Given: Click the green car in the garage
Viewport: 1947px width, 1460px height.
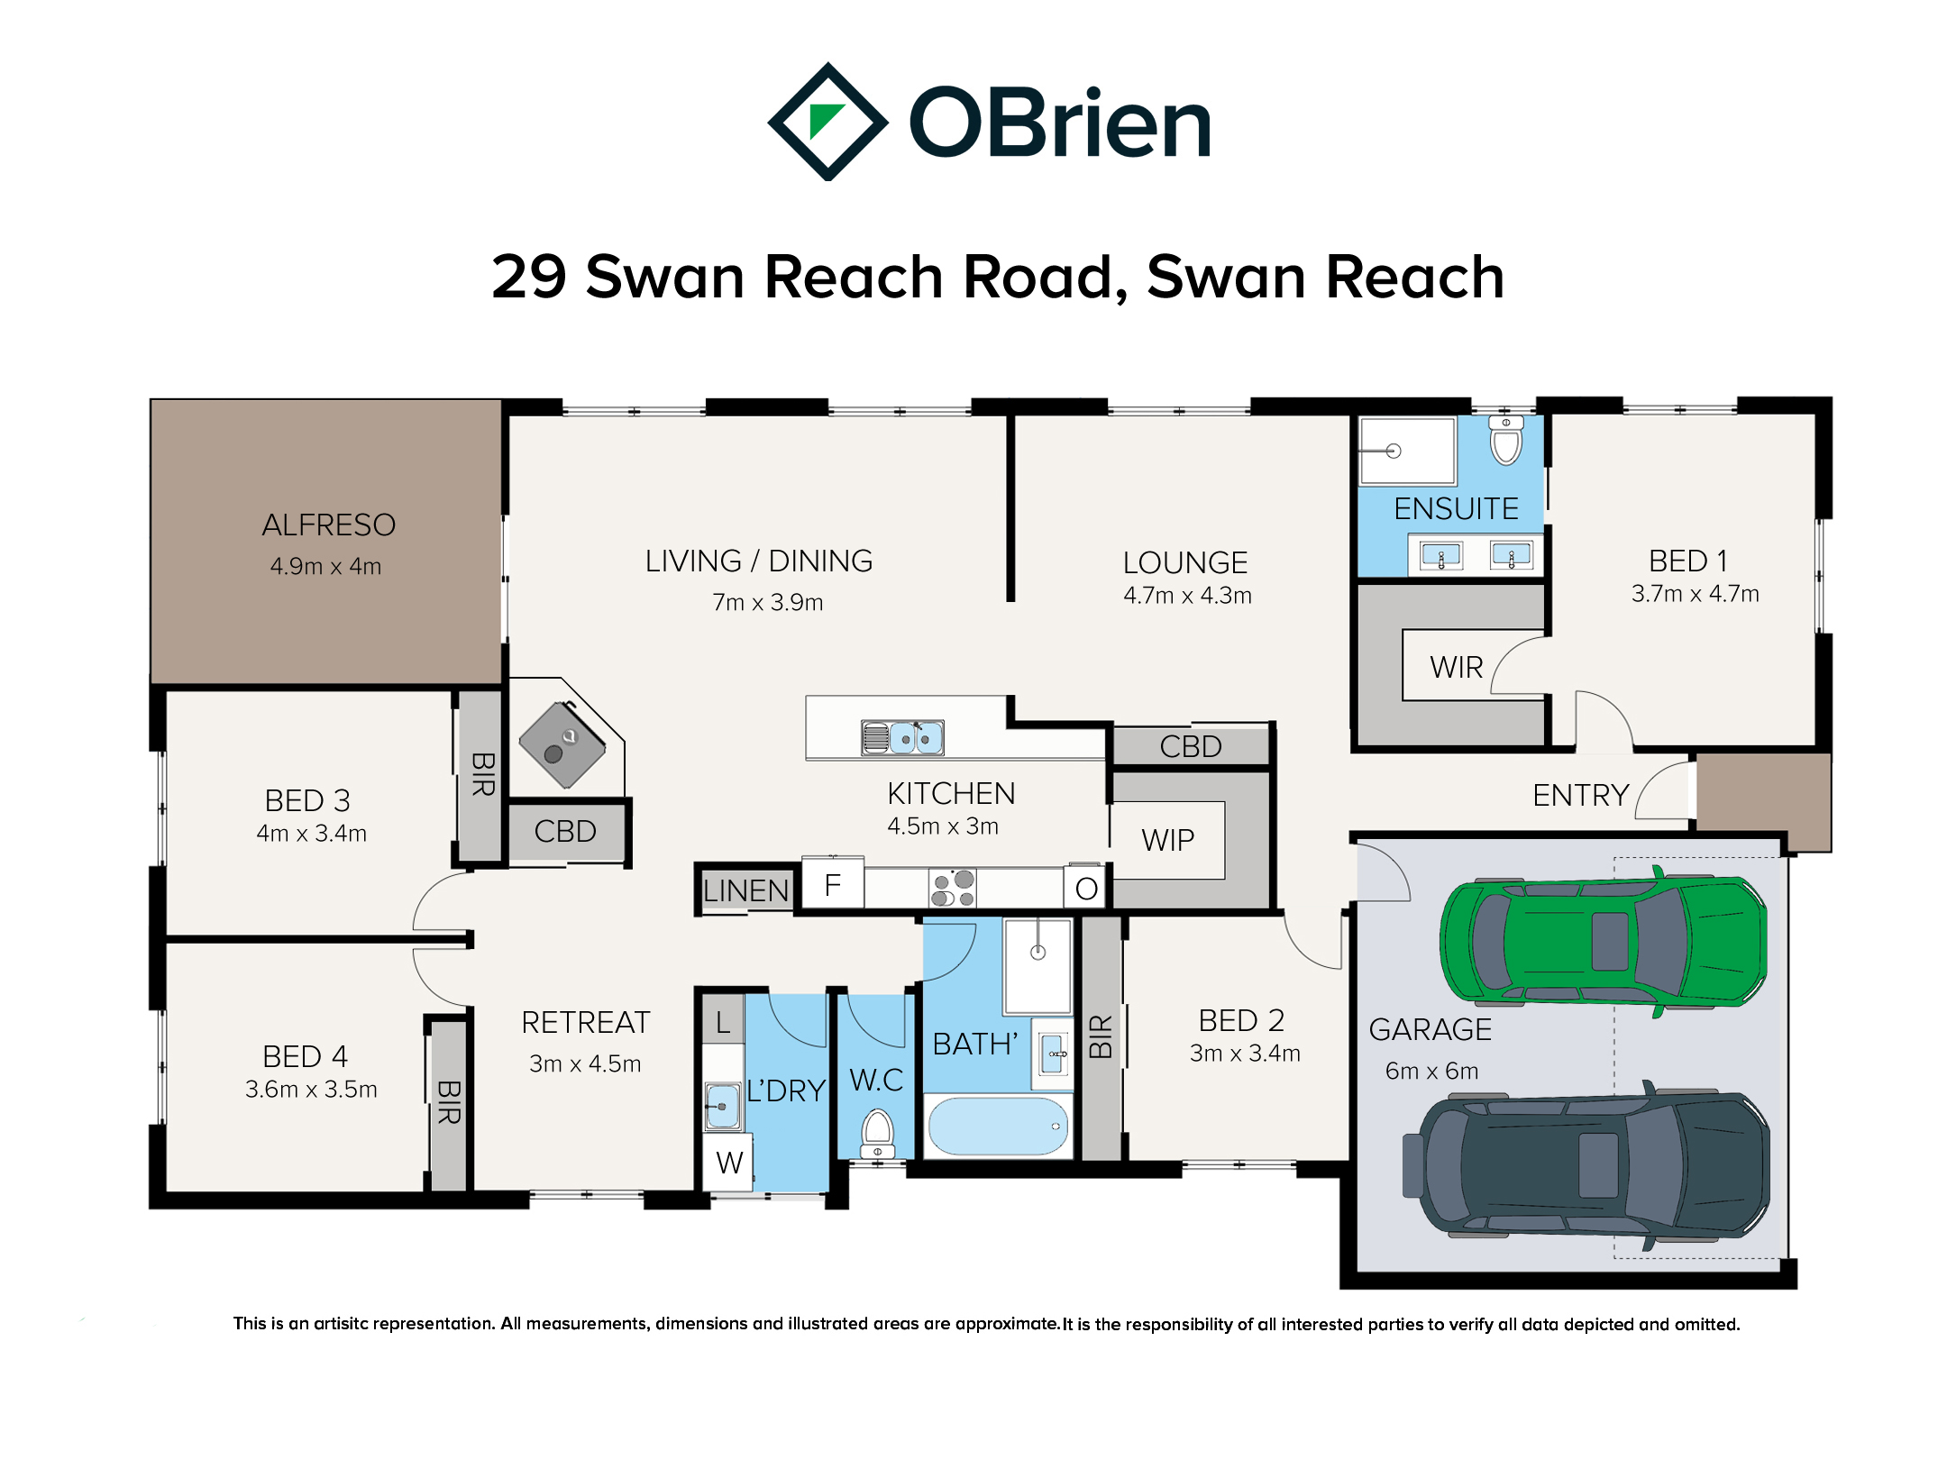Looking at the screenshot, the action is (1603, 942).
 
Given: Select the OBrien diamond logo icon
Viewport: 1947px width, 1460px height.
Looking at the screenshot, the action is (827, 122).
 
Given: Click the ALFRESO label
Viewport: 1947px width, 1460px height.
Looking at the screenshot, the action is (328, 525).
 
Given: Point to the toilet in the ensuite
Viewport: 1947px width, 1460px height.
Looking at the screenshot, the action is (1505, 439).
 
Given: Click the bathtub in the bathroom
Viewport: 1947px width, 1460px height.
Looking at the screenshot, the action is (998, 1127).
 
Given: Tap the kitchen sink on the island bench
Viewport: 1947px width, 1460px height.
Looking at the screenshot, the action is (902, 737).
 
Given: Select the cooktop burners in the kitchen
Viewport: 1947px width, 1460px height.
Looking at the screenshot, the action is (953, 888).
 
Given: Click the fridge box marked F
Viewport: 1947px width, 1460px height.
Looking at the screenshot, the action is (833, 884).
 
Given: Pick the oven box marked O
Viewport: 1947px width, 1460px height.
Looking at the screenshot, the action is (1086, 889).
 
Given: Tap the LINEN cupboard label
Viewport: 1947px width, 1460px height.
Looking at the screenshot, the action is (745, 890).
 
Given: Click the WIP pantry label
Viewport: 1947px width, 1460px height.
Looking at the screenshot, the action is (1167, 840).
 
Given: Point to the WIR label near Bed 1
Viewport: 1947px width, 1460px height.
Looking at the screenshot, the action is (1456, 667).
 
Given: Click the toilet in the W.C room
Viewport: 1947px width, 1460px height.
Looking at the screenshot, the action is (877, 1134).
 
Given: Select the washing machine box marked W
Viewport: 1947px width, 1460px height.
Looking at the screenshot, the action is (728, 1163).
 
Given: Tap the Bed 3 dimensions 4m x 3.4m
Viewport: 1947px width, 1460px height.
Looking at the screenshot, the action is (311, 833).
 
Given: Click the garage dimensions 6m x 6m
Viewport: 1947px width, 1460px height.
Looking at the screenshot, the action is (1431, 1071).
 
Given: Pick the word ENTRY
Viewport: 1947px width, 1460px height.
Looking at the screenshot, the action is (1581, 795).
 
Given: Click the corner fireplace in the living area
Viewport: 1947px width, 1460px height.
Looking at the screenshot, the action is (562, 744).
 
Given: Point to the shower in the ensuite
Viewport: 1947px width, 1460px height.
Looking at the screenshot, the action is (1407, 451).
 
